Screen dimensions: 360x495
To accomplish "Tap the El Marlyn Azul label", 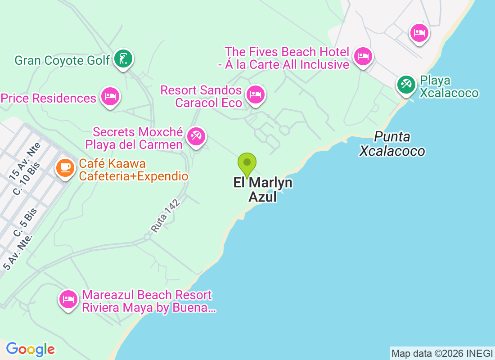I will pos(263,189).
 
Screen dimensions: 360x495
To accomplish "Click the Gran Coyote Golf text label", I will pos(62,60).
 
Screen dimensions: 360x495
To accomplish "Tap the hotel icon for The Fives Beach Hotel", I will pos(363,57).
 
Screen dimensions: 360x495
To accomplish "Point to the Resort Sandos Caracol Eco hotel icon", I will pos(255,94).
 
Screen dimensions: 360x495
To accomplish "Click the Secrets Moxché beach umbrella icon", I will pos(196,136).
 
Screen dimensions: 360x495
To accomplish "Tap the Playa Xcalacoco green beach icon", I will pos(406,84).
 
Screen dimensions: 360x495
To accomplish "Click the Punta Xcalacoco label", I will pos(392,144).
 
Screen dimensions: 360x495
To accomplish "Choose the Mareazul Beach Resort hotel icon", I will pos(68,299).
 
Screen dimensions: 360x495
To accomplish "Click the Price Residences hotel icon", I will pos(110,96).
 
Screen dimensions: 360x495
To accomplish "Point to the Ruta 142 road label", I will pos(165,216).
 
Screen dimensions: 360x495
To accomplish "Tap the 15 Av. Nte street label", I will pos(25,159).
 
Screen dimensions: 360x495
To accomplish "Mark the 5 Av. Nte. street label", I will pos(18,252).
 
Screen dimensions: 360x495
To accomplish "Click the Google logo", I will pos(31,349).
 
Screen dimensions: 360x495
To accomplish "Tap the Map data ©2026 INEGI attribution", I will pos(441,354).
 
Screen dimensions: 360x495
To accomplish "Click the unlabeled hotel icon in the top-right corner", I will pos(419,32).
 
